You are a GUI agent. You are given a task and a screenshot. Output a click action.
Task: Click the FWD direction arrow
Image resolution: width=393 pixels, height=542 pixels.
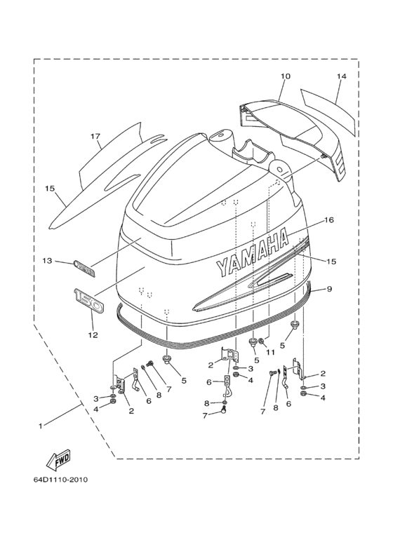coord(58,461)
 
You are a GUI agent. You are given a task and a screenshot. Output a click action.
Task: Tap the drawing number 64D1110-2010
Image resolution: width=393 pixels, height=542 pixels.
coord(60,480)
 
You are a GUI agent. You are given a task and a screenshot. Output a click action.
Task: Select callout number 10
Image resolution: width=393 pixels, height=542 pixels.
coord(286,76)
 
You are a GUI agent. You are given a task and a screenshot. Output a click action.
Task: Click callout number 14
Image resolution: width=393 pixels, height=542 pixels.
coord(341,76)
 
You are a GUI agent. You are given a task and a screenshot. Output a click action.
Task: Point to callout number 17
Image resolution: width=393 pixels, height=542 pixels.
coord(95,137)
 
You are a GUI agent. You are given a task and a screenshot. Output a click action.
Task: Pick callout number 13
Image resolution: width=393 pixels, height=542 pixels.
coord(48,260)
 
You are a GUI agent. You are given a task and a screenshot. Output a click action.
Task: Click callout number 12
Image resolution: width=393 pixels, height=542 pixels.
coord(93,335)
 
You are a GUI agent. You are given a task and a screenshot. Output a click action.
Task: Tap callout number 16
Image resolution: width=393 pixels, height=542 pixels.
coord(329,220)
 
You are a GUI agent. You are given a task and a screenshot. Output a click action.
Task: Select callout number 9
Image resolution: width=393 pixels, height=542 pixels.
coord(329,289)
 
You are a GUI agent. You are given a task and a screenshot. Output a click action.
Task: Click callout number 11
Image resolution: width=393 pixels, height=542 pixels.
coord(270,353)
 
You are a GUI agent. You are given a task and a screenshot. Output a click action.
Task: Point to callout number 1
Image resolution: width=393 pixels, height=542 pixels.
coord(41,426)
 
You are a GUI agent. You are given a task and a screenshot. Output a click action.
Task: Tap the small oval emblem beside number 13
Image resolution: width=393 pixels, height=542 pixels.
coord(84,269)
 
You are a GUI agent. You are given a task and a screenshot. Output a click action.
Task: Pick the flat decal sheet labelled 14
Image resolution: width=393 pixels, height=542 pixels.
coord(328,111)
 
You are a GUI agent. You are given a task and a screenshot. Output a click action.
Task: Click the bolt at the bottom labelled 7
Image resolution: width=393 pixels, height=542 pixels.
coord(225,411)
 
